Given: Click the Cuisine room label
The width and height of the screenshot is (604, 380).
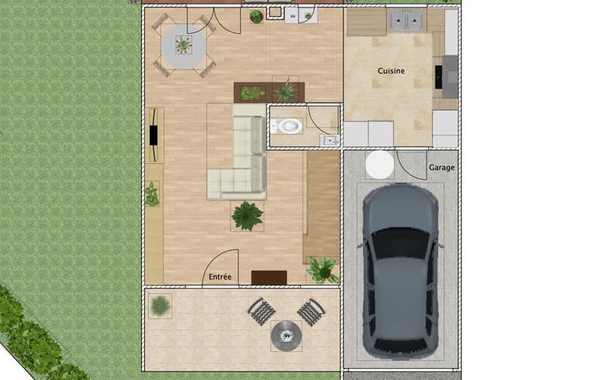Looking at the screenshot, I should [391, 71].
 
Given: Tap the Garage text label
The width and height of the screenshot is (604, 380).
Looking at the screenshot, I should [442, 168].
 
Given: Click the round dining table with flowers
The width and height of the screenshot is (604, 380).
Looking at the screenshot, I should [183, 46].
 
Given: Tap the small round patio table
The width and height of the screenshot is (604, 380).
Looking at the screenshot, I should [286, 334].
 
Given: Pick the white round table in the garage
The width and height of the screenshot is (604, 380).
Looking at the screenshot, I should [379, 164].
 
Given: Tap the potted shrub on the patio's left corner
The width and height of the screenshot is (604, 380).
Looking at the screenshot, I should [160, 306].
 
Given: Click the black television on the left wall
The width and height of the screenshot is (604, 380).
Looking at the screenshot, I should [153, 135].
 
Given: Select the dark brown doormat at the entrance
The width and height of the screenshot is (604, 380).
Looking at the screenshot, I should [269, 278].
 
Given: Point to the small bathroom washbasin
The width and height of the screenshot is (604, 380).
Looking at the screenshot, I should [328, 140].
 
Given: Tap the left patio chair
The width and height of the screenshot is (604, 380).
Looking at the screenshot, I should [260, 310].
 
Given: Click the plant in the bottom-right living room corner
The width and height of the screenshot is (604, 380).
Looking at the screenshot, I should [322, 268].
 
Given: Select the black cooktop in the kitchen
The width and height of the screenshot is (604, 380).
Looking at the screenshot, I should [439, 76].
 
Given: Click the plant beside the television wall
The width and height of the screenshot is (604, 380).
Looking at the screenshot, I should [152, 194].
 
